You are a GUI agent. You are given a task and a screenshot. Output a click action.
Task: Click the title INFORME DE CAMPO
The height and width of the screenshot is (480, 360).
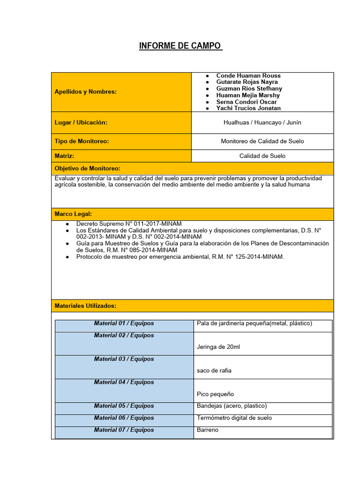(x=180, y=46)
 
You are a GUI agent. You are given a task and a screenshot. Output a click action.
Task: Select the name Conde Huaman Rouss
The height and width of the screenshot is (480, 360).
(x=248, y=75)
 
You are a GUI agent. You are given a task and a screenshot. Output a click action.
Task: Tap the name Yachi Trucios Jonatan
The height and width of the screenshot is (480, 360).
(x=248, y=108)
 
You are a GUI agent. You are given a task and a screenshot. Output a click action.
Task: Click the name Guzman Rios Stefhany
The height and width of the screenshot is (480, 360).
(x=249, y=89)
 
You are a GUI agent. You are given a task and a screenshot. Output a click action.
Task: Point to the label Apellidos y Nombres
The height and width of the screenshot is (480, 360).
(x=86, y=92)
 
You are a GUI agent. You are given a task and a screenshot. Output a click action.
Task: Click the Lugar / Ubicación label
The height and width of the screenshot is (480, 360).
(x=81, y=122)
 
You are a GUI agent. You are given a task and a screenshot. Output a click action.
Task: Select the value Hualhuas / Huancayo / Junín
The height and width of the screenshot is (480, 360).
(x=262, y=122)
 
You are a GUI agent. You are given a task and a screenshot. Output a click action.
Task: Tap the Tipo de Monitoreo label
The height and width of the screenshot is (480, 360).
(x=82, y=141)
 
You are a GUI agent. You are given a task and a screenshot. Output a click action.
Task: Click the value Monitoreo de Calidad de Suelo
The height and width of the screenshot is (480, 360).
(x=262, y=141)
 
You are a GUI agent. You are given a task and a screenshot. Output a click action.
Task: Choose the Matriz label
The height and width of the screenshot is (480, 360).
(x=65, y=156)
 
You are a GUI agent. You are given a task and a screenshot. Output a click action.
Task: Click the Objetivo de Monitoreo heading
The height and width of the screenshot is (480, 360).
(x=88, y=168)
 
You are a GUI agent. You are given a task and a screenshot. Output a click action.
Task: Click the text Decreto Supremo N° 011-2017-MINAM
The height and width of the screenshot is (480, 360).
(x=129, y=224)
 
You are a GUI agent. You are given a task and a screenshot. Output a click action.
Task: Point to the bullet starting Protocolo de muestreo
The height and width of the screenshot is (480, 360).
(x=180, y=257)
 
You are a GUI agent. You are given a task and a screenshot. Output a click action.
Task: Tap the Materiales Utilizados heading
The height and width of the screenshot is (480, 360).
(x=85, y=306)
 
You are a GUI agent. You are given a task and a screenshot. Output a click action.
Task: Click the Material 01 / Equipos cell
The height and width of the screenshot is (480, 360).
(x=124, y=323)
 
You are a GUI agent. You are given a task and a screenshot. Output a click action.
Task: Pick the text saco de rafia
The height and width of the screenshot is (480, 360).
(x=214, y=370)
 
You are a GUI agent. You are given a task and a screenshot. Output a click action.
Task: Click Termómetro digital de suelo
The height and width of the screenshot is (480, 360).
(x=234, y=418)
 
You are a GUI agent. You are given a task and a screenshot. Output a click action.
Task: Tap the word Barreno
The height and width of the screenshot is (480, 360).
(x=208, y=430)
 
